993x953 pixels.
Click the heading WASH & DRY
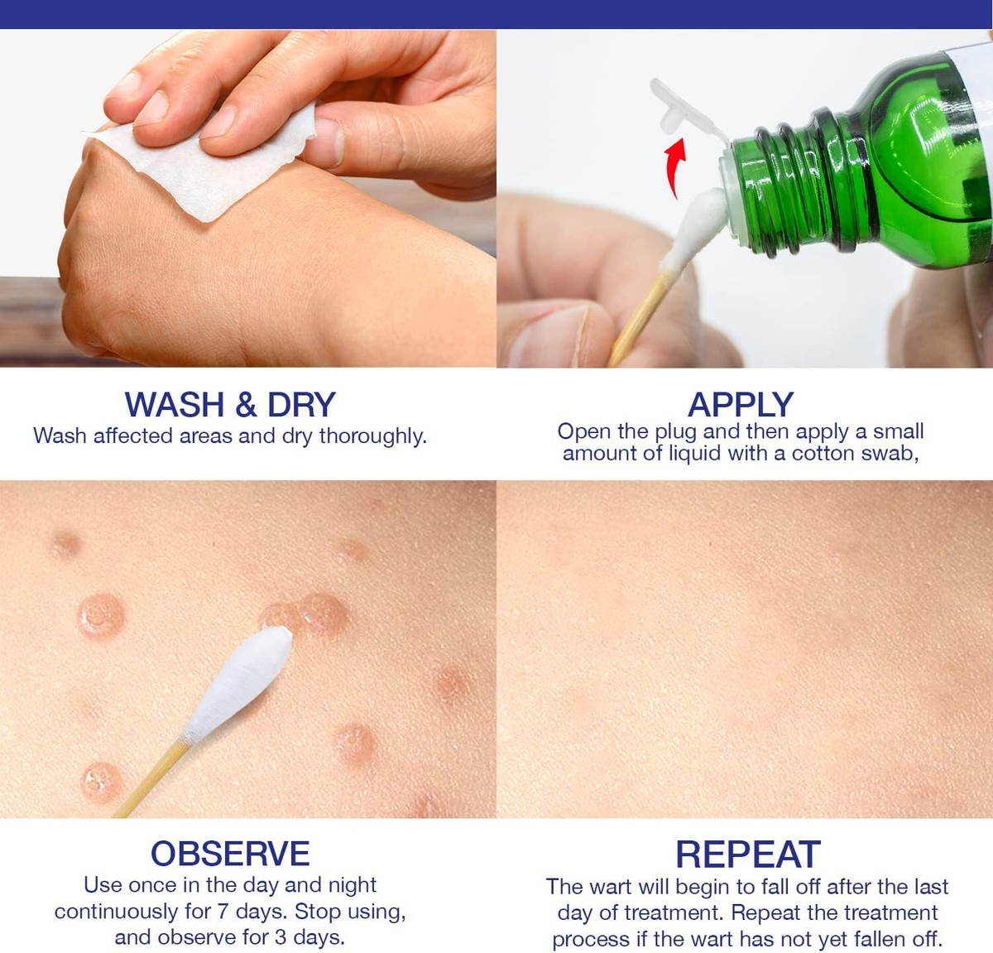tap(230, 405)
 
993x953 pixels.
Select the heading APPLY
tap(741, 405)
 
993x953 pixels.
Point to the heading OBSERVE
tap(230, 854)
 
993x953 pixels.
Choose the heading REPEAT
tap(747, 854)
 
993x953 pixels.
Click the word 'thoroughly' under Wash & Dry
tap(373, 436)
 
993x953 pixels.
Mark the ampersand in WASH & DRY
tap(247, 406)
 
